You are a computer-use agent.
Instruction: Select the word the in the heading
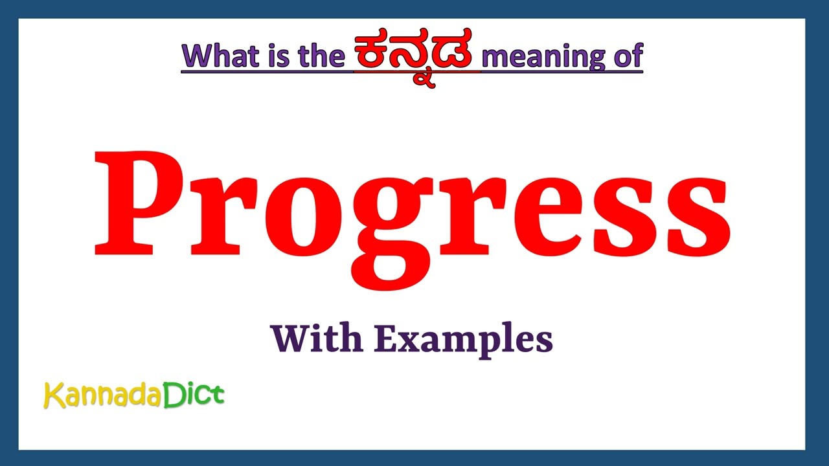tap(321, 56)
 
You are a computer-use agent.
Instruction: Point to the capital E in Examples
tap(385, 338)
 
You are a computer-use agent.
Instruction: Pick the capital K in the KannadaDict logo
tap(53, 395)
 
